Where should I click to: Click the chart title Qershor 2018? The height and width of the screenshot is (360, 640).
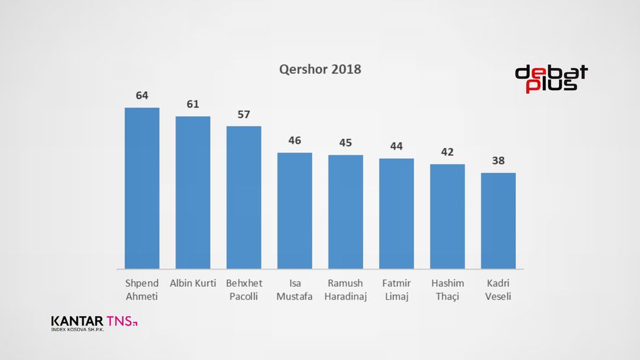(320, 69)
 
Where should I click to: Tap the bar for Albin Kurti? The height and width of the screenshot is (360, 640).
(193, 193)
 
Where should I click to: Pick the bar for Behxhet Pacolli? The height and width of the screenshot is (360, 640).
(244, 197)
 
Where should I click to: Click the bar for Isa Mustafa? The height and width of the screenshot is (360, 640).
(295, 210)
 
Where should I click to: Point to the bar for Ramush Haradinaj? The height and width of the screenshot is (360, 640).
(345, 212)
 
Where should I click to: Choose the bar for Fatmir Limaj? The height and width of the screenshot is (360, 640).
(396, 214)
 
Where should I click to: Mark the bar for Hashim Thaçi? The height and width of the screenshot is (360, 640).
(447, 216)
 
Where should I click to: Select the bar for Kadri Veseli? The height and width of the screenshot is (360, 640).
(498, 221)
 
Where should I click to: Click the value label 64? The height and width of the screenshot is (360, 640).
(142, 95)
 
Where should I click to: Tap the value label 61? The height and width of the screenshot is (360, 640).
(193, 104)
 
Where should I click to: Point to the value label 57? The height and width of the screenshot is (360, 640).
(244, 114)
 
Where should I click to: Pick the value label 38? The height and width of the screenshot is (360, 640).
(498, 161)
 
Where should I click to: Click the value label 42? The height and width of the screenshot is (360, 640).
(447, 152)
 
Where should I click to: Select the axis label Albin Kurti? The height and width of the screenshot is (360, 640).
(193, 284)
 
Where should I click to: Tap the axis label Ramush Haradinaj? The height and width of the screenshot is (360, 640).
(345, 289)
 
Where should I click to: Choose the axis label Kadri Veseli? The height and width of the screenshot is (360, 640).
(498, 289)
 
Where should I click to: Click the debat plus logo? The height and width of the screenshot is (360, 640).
(551, 79)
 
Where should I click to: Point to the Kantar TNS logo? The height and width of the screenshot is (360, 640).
(94, 322)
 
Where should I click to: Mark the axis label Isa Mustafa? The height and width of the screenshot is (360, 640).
(295, 289)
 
